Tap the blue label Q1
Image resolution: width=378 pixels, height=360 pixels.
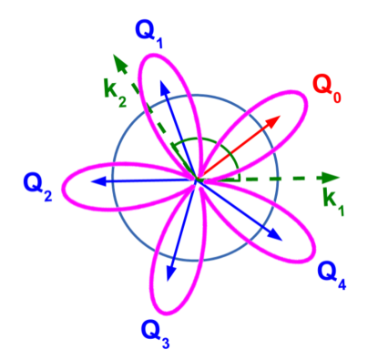[x=148, y=35]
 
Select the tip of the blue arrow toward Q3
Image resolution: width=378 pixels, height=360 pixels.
[x=169, y=276]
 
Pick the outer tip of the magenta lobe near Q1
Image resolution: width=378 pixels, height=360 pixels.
[x=150, y=54]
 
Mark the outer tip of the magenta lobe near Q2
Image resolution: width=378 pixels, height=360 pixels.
[x=61, y=180]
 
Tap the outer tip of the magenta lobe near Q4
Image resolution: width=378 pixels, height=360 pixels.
[x=312, y=257]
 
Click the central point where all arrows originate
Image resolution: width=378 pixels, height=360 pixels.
[x=198, y=180]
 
